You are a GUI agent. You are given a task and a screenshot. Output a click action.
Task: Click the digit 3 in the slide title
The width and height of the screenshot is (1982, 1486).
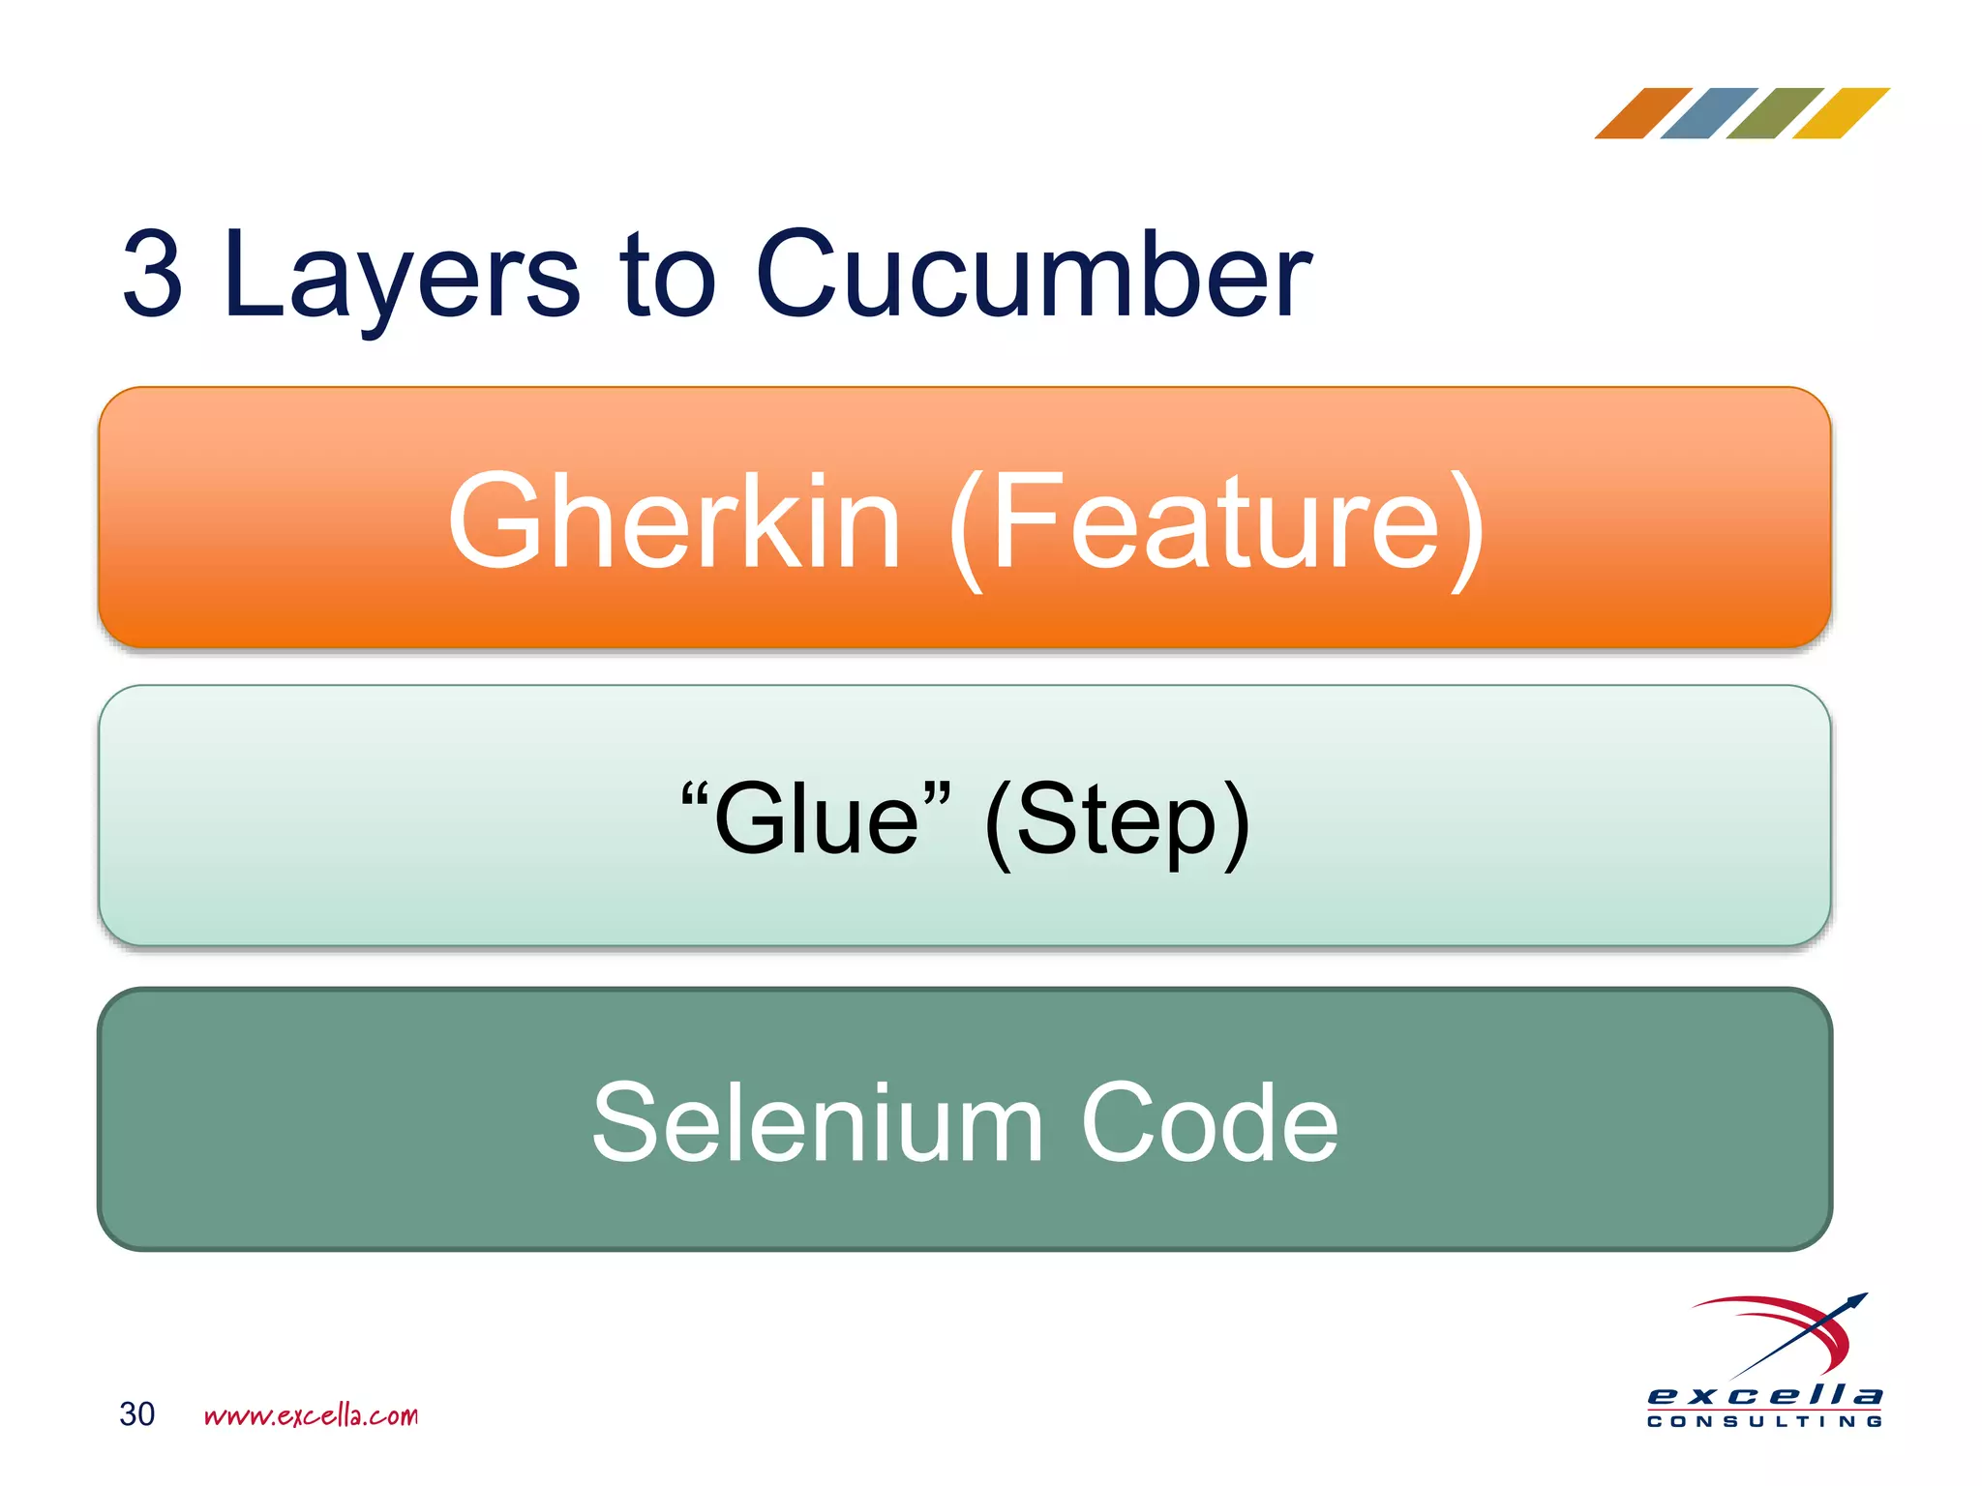[x=152, y=274]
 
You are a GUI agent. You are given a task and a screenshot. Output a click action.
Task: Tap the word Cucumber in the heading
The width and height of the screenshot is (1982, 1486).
[x=1033, y=274]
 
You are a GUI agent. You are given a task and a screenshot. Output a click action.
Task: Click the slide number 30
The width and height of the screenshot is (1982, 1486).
[x=136, y=1414]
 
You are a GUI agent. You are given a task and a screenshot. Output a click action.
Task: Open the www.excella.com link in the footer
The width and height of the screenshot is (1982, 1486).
[x=311, y=1416]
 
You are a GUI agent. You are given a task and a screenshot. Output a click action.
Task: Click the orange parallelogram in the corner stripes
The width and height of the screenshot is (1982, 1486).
[x=1642, y=113]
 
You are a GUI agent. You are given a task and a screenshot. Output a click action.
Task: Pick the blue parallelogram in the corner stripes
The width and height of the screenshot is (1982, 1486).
[x=1708, y=113]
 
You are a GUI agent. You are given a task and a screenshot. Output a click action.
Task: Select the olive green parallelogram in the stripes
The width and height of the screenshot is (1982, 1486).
[x=1774, y=113]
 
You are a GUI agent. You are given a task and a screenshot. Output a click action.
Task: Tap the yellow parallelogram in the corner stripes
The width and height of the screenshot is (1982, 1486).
[x=1840, y=113]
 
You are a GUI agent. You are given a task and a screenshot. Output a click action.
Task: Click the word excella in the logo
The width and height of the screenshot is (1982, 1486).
[x=1764, y=1396]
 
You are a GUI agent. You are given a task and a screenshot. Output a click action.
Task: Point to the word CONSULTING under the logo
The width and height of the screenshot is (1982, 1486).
[x=1764, y=1421]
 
